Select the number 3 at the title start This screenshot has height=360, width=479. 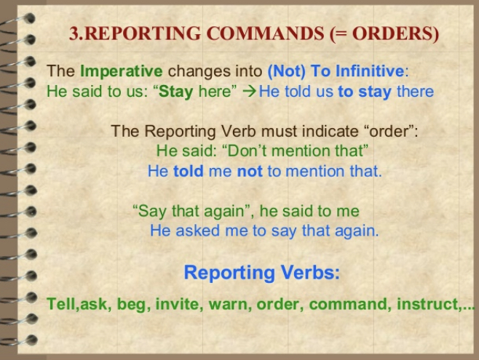[x=74, y=33]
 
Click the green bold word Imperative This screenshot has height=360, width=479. [x=122, y=71]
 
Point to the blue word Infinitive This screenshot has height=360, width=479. [x=370, y=71]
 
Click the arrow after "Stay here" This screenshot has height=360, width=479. [x=250, y=92]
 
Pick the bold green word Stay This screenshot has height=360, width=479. [x=176, y=92]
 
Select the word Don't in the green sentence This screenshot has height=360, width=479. [x=246, y=151]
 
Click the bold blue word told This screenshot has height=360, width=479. [x=188, y=171]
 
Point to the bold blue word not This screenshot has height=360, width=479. [x=250, y=171]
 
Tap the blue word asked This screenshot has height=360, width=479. [x=198, y=231]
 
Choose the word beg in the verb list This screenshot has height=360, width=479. [x=134, y=305]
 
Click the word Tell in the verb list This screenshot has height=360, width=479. [x=62, y=304]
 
